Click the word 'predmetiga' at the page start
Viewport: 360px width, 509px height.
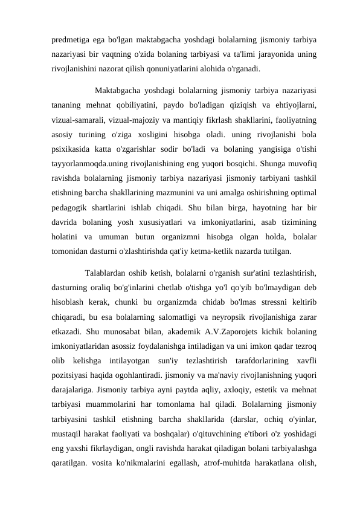click(70, 41)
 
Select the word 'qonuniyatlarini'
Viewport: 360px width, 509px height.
click(181, 68)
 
